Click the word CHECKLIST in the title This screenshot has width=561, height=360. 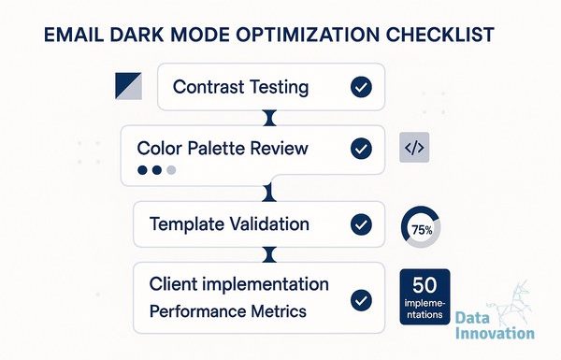440,35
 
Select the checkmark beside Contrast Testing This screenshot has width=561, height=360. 361,87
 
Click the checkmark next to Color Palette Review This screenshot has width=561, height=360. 361,149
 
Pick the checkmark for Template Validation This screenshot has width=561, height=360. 361,224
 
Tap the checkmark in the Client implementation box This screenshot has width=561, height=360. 361,300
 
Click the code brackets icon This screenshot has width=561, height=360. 414,148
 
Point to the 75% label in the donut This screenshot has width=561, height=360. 422,230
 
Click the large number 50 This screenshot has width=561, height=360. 424,285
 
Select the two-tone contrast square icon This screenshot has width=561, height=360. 128,86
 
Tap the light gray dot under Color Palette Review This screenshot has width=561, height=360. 171,170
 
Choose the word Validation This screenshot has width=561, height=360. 269,224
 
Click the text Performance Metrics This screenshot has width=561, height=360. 228,311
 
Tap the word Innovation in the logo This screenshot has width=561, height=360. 496,333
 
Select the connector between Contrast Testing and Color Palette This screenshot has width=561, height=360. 270,118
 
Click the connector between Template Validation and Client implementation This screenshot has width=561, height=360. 270,254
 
